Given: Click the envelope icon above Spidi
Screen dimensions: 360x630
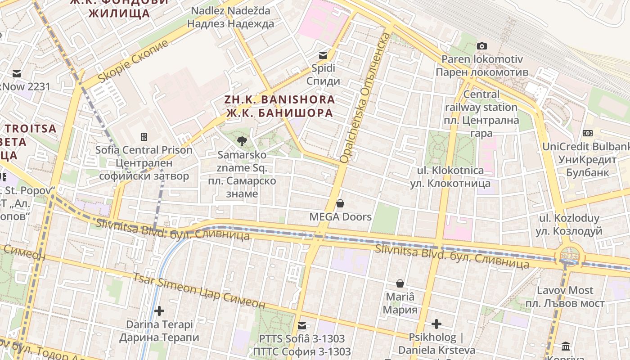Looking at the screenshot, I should click(x=323, y=55).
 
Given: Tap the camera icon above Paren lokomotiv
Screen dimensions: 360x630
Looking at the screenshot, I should click(x=481, y=46).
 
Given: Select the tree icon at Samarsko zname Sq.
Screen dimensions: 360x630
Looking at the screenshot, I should click(x=242, y=141).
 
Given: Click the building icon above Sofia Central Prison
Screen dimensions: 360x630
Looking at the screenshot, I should click(x=144, y=136).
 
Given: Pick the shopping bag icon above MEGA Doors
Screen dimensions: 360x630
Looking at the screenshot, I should click(x=340, y=203).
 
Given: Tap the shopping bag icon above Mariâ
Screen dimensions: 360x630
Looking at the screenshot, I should click(x=400, y=283).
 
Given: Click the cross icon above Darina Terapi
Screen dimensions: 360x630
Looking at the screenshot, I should click(x=159, y=310).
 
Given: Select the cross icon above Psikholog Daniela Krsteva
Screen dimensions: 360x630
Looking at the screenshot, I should click(x=436, y=324).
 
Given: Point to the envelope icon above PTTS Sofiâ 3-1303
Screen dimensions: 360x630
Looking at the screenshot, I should click(x=301, y=325).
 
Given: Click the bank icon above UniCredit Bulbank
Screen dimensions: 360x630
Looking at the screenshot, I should click(x=588, y=133).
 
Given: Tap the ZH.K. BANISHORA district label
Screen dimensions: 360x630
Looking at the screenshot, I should click(x=279, y=106).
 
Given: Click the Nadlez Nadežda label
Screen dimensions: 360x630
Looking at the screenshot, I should click(x=230, y=17).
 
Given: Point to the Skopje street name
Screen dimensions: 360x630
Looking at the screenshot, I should click(x=133, y=61).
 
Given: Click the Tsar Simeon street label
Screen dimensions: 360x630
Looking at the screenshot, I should click(x=198, y=290).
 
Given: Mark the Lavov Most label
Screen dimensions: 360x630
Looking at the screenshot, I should click(x=565, y=297).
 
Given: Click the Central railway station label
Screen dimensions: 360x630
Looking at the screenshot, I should click(x=481, y=114).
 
